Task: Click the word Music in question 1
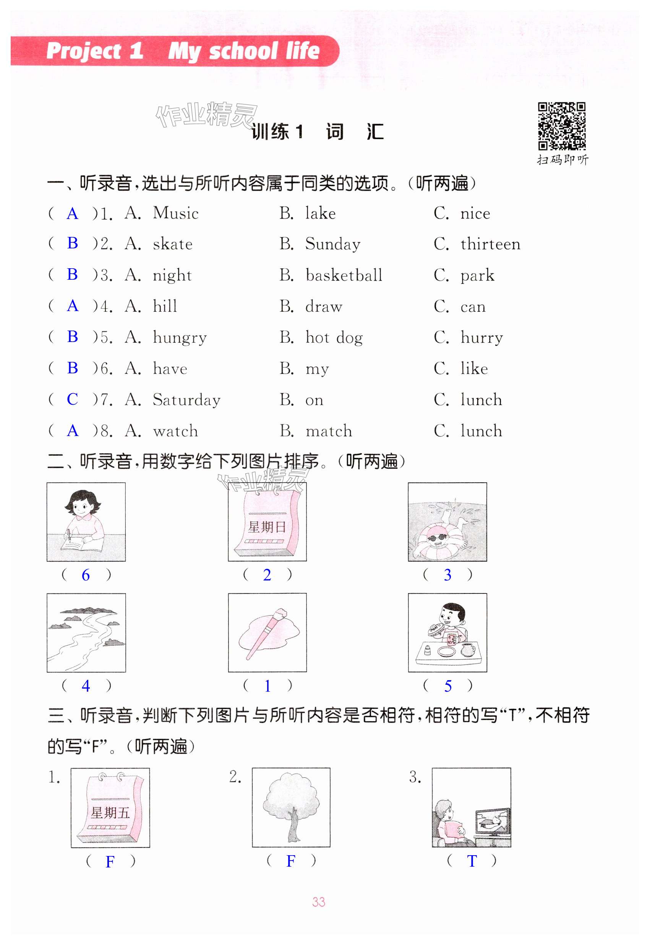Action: [x=175, y=213]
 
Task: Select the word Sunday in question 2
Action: [x=333, y=244]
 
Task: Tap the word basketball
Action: [x=344, y=275]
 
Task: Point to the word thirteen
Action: [x=490, y=244]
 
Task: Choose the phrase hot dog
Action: [x=334, y=337]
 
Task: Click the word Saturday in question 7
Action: [x=186, y=400]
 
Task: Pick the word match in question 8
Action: [x=329, y=431]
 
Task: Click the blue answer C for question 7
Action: [x=73, y=399]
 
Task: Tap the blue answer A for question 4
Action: [x=73, y=306]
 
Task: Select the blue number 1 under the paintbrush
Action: [x=267, y=686]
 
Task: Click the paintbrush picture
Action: [x=267, y=633]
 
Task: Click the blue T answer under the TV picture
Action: [x=472, y=861]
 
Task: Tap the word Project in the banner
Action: [x=83, y=51]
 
